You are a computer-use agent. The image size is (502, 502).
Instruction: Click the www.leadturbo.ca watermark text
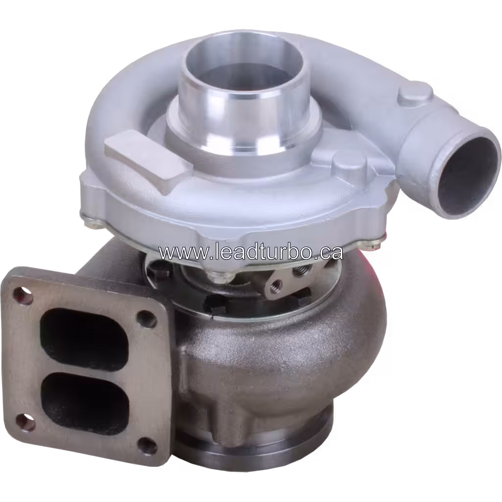250,252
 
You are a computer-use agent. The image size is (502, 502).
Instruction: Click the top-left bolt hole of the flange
22,295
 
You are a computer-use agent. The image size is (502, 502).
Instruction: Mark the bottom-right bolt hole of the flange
145,444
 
